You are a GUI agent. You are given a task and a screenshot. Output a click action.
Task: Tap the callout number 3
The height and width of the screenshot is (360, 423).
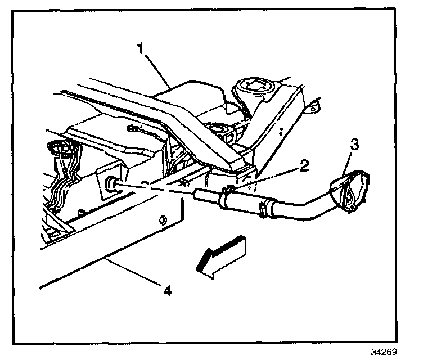(354, 145)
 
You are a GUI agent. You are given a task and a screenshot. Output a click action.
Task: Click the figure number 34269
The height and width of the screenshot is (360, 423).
(384, 352)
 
